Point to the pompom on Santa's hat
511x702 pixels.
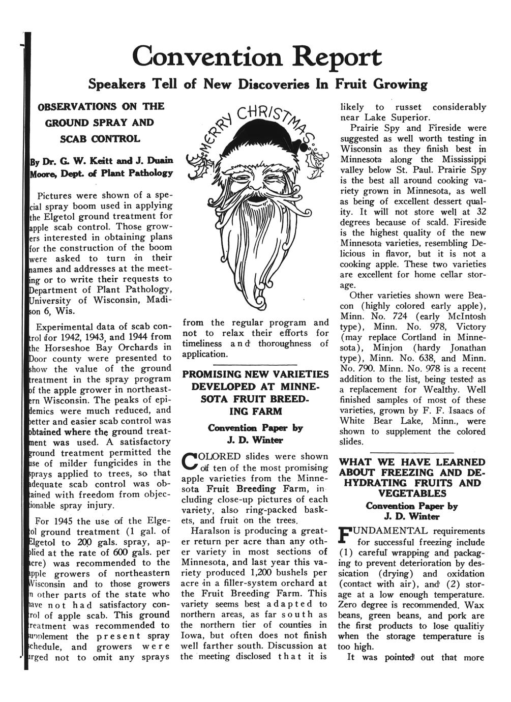(305, 148)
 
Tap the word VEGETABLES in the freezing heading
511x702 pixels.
(412, 493)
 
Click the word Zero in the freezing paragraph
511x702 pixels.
(348, 605)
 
